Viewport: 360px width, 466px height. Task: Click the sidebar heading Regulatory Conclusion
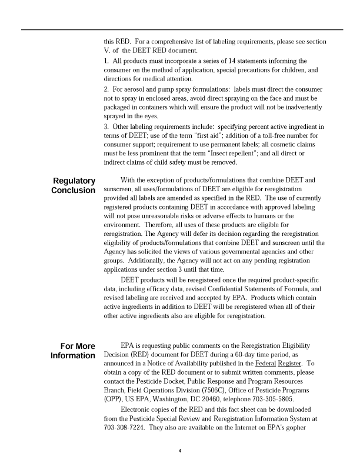(x=74, y=185)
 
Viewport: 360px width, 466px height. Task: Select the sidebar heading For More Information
(x=73, y=351)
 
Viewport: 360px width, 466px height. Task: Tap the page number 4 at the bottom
(x=180, y=452)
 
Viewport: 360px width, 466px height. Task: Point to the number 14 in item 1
(x=227, y=61)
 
